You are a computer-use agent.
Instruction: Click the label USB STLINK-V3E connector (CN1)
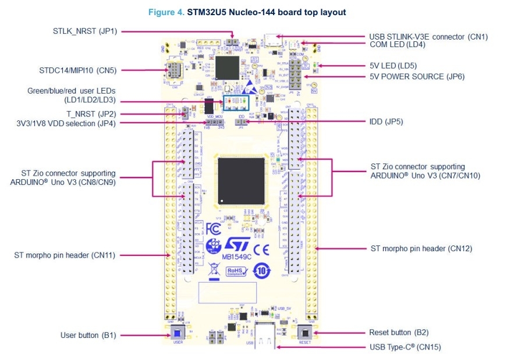428,37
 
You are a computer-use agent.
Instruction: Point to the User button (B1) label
88,335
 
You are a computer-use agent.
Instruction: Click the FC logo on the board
214,227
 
